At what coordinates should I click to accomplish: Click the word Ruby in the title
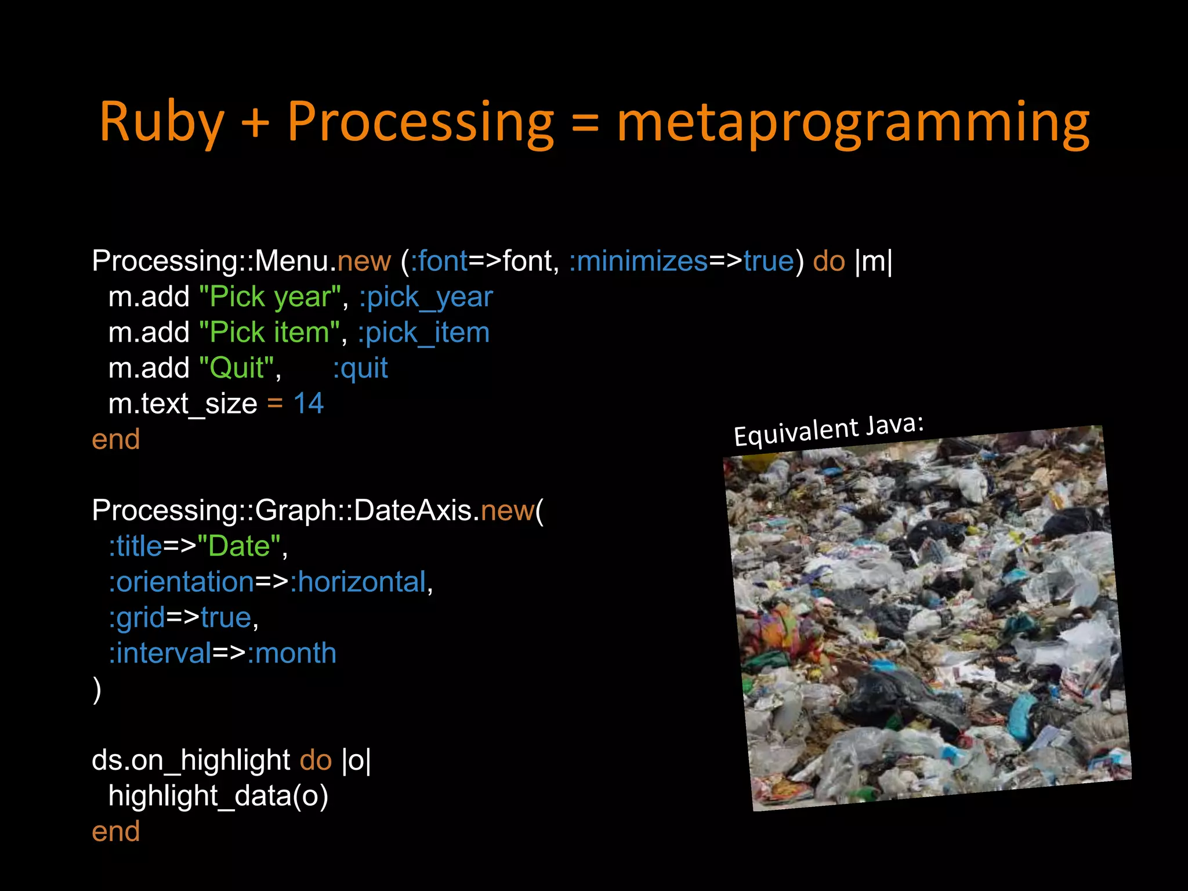tap(161, 122)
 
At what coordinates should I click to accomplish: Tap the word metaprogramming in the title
tap(853, 122)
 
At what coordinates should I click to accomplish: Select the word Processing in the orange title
tap(421, 122)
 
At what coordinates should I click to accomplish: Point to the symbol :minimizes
tap(638, 261)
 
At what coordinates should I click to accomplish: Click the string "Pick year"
tap(270, 297)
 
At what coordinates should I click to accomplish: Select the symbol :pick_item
tap(423, 333)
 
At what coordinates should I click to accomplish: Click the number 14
tap(308, 404)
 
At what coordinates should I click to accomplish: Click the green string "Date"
tap(239, 546)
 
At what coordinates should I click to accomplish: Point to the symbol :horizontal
tap(358, 582)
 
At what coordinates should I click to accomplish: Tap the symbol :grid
tap(137, 618)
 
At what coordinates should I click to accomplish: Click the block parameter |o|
tap(356, 760)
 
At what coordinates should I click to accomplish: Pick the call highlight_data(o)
tap(218, 796)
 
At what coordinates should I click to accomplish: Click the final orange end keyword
tap(115, 832)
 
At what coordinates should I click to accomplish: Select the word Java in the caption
tap(894, 425)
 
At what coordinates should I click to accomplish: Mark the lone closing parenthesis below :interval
tap(97, 690)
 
